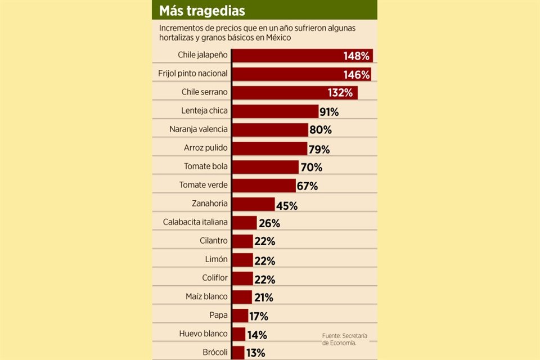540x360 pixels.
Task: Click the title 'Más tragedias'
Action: [202, 11]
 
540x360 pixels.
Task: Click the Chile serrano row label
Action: [204, 92]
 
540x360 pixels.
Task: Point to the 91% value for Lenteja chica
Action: [328, 111]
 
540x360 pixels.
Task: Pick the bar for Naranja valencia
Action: [269, 129]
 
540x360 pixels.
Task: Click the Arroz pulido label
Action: [205, 148]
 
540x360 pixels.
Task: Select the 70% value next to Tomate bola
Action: [311, 167]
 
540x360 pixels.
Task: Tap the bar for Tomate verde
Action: [263, 185]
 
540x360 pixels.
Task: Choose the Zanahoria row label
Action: [210, 203]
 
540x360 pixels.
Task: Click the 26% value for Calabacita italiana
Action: [269, 223]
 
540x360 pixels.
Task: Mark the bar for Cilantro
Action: [242, 241]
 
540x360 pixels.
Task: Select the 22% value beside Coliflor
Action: [264, 280]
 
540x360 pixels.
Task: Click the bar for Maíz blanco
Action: [241, 297]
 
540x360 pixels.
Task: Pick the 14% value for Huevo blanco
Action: [256, 335]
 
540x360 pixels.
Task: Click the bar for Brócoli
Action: [237, 353]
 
